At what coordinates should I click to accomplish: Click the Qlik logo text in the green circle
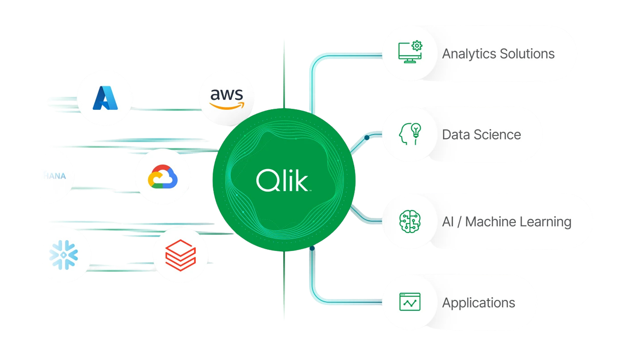click(283, 181)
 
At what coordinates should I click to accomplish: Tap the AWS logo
click(227, 98)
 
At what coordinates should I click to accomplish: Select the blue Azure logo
click(105, 98)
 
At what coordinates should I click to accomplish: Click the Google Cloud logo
click(163, 177)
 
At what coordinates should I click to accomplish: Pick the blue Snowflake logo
click(64, 255)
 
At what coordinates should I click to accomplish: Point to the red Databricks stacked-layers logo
click(180, 255)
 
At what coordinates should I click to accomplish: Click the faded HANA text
click(55, 176)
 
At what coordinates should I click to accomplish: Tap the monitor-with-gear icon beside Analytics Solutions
click(410, 52)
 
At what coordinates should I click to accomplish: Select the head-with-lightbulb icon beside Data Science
click(410, 134)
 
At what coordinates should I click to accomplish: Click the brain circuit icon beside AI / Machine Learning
click(410, 221)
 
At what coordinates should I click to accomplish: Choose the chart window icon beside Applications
click(410, 302)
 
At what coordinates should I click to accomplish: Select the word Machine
click(490, 222)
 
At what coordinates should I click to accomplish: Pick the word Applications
click(479, 303)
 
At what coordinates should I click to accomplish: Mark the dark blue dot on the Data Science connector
click(367, 137)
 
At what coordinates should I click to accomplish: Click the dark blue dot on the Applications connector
click(312, 248)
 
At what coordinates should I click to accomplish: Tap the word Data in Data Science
click(455, 135)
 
